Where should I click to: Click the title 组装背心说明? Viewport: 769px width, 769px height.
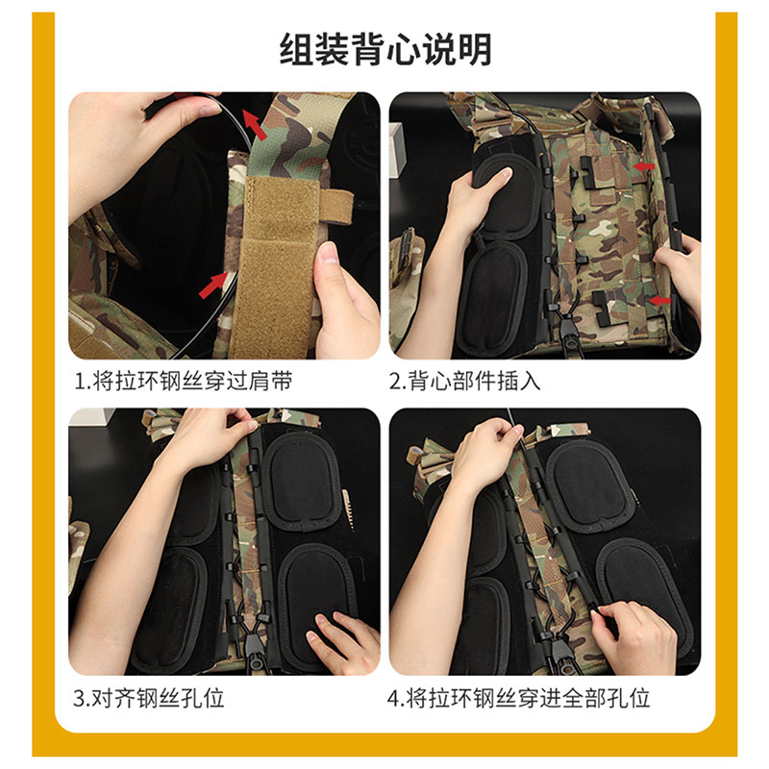pyautogui.click(x=384, y=47)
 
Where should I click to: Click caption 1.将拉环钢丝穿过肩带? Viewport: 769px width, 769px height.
pyautogui.click(x=183, y=381)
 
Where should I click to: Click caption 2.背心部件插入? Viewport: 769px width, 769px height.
pyautogui.click(x=465, y=381)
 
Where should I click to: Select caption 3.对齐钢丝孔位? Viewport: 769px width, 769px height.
pyautogui.click(x=149, y=697)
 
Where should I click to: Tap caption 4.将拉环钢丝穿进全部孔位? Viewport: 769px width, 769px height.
pyautogui.click(x=519, y=697)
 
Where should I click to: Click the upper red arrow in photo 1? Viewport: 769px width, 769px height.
pyautogui.click(x=254, y=124)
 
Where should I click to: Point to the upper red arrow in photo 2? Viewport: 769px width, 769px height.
pyautogui.click(x=647, y=166)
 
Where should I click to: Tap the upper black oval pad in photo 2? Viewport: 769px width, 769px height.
pyautogui.click(x=505, y=197)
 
